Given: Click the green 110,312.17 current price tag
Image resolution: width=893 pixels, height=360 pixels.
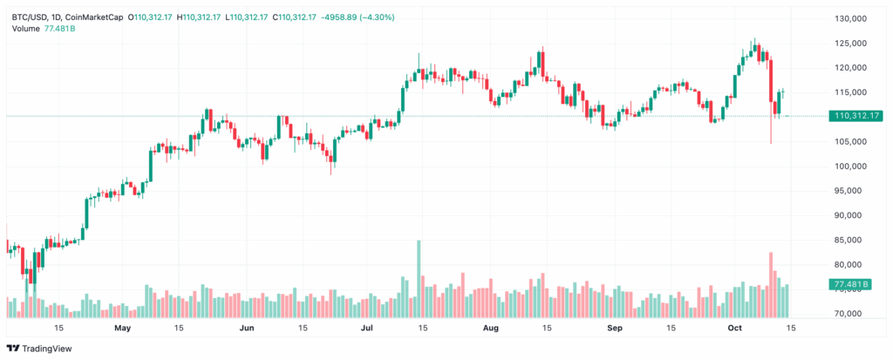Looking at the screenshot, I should tap(851, 116).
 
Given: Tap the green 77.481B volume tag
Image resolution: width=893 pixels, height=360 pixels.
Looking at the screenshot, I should tap(851, 284).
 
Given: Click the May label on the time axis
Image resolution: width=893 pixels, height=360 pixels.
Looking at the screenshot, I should tap(122, 328).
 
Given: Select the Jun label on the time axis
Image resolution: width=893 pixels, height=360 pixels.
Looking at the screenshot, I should tap(247, 328).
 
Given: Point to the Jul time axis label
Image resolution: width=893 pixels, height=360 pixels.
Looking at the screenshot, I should tap(367, 328).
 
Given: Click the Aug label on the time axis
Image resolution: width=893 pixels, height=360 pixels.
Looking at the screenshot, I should tap(491, 328).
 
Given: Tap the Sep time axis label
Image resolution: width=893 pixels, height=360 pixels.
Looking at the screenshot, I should tap(615, 328).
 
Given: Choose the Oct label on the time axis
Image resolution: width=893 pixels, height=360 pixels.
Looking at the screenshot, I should tap(734, 328).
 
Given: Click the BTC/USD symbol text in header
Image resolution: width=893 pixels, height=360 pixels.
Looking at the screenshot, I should tap(31, 17).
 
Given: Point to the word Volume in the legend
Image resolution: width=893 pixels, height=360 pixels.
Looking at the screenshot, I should tap(25, 29).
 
